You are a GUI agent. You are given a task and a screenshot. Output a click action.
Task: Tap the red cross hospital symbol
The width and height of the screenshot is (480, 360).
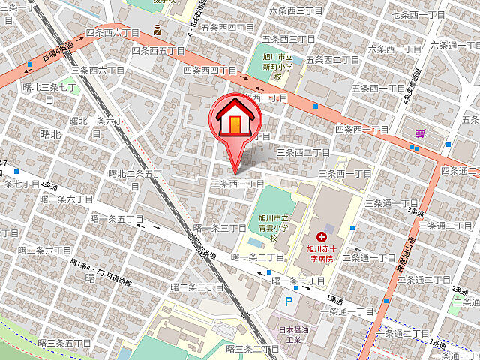[x=322, y=236]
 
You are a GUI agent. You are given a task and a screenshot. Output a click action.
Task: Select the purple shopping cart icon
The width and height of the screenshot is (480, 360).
[x=420, y=133]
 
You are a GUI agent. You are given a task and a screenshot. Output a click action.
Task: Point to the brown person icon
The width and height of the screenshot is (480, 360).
[x=157, y=31]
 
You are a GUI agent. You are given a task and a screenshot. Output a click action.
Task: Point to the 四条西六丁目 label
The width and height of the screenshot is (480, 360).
[x=114, y=34]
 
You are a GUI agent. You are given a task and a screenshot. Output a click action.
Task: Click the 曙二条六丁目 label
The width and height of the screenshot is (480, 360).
[x=44, y=250]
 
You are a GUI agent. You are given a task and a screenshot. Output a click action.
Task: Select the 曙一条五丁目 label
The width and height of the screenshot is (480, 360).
[x=116, y=219]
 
